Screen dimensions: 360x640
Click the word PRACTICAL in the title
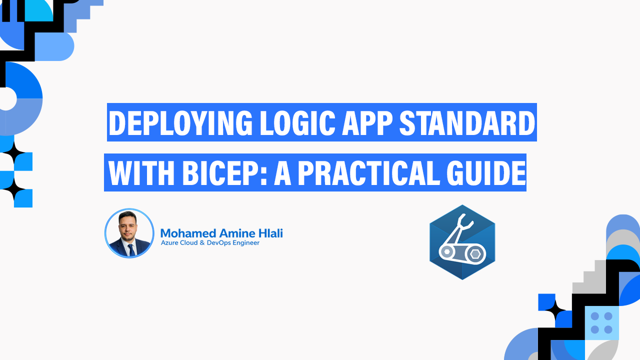[x=373, y=173]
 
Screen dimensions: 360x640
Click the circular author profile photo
[x=129, y=233]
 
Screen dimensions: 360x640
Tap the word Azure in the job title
[x=169, y=243]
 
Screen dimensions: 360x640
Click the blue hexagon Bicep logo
[x=462, y=242]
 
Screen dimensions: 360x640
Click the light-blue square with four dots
[x=601, y=322]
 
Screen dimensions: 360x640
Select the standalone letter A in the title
[x=282, y=173]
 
